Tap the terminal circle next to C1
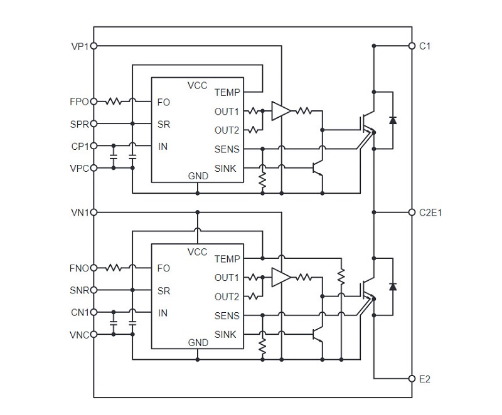(x=411, y=46)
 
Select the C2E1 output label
(x=430, y=213)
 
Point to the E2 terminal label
(x=425, y=379)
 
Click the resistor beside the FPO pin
(x=115, y=101)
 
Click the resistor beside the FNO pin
(x=115, y=268)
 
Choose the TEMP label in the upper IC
(x=227, y=92)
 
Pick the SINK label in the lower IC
(x=226, y=334)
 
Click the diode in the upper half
(x=392, y=120)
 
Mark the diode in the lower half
(x=392, y=286)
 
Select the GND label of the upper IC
(x=198, y=176)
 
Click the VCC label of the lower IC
(x=198, y=251)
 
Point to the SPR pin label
(x=80, y=123)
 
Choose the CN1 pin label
(x=80, y=312)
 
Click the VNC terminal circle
(x=94, y=334)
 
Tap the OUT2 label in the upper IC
(x=227, y=130)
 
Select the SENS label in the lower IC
(x=227, y=315)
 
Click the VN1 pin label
(x=80, y=212)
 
